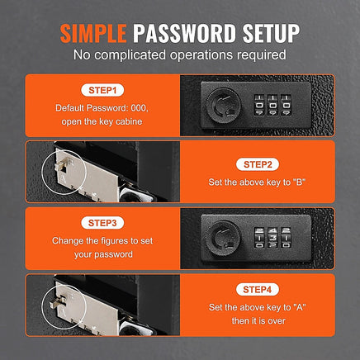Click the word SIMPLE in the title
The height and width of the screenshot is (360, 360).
tap(93, 33)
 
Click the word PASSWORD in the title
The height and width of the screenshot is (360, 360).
tap(184, 33)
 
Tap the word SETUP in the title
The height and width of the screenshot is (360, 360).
tap(271, 33)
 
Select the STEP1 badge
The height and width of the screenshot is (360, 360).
tap(102, 90)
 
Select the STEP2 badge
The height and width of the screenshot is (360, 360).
tap(258, 164)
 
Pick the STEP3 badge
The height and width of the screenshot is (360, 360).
tap(102, 223)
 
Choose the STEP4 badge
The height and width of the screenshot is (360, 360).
tap(258, 289)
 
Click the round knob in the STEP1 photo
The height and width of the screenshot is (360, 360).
tap(224, 105)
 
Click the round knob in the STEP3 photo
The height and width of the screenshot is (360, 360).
tap(224, 237)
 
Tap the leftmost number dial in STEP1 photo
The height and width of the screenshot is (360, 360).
tap(259, 105)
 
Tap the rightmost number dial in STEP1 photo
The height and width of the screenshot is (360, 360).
tap(286, 105)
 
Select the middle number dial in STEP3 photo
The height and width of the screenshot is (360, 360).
tap(272, 238)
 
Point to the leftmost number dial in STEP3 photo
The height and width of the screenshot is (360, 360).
tap(259, 238)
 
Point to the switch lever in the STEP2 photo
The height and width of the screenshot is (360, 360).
tap(60, 165)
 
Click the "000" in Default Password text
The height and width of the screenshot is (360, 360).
tap(140, 108)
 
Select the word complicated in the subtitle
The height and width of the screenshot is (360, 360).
tap(130, 54)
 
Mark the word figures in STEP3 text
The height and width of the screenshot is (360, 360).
tap(112, 241)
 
